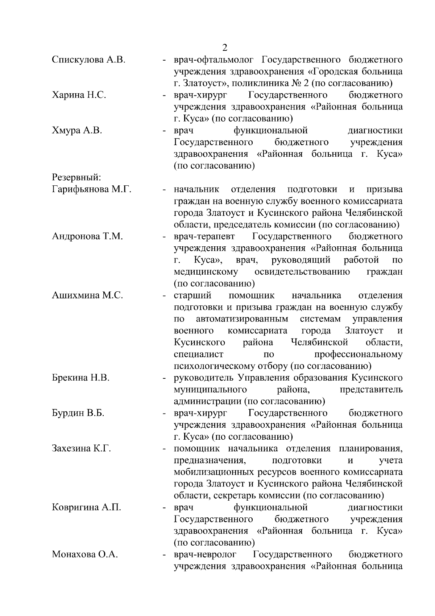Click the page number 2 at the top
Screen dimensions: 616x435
(225, 48)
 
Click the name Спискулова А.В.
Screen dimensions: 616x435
(89, 60)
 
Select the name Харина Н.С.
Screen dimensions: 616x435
(79, 95)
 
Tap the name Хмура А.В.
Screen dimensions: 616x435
(77, 130)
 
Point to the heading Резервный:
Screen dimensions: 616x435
(76, 177)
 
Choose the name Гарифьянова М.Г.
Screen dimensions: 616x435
(92, 189)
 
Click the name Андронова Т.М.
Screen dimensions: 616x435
(87, 237)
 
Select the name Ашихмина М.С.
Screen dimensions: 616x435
(87, 295)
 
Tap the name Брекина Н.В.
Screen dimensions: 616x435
(80, 378)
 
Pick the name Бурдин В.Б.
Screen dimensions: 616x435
(78, 413)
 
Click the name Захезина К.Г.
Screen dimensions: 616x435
(82, 448)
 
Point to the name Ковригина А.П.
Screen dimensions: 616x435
(87, 507)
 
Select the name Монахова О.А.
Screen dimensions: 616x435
(85, 554)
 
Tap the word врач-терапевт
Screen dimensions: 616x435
(204, 237)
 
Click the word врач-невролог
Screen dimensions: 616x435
(205, 554)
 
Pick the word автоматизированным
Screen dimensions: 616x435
(242, 319)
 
